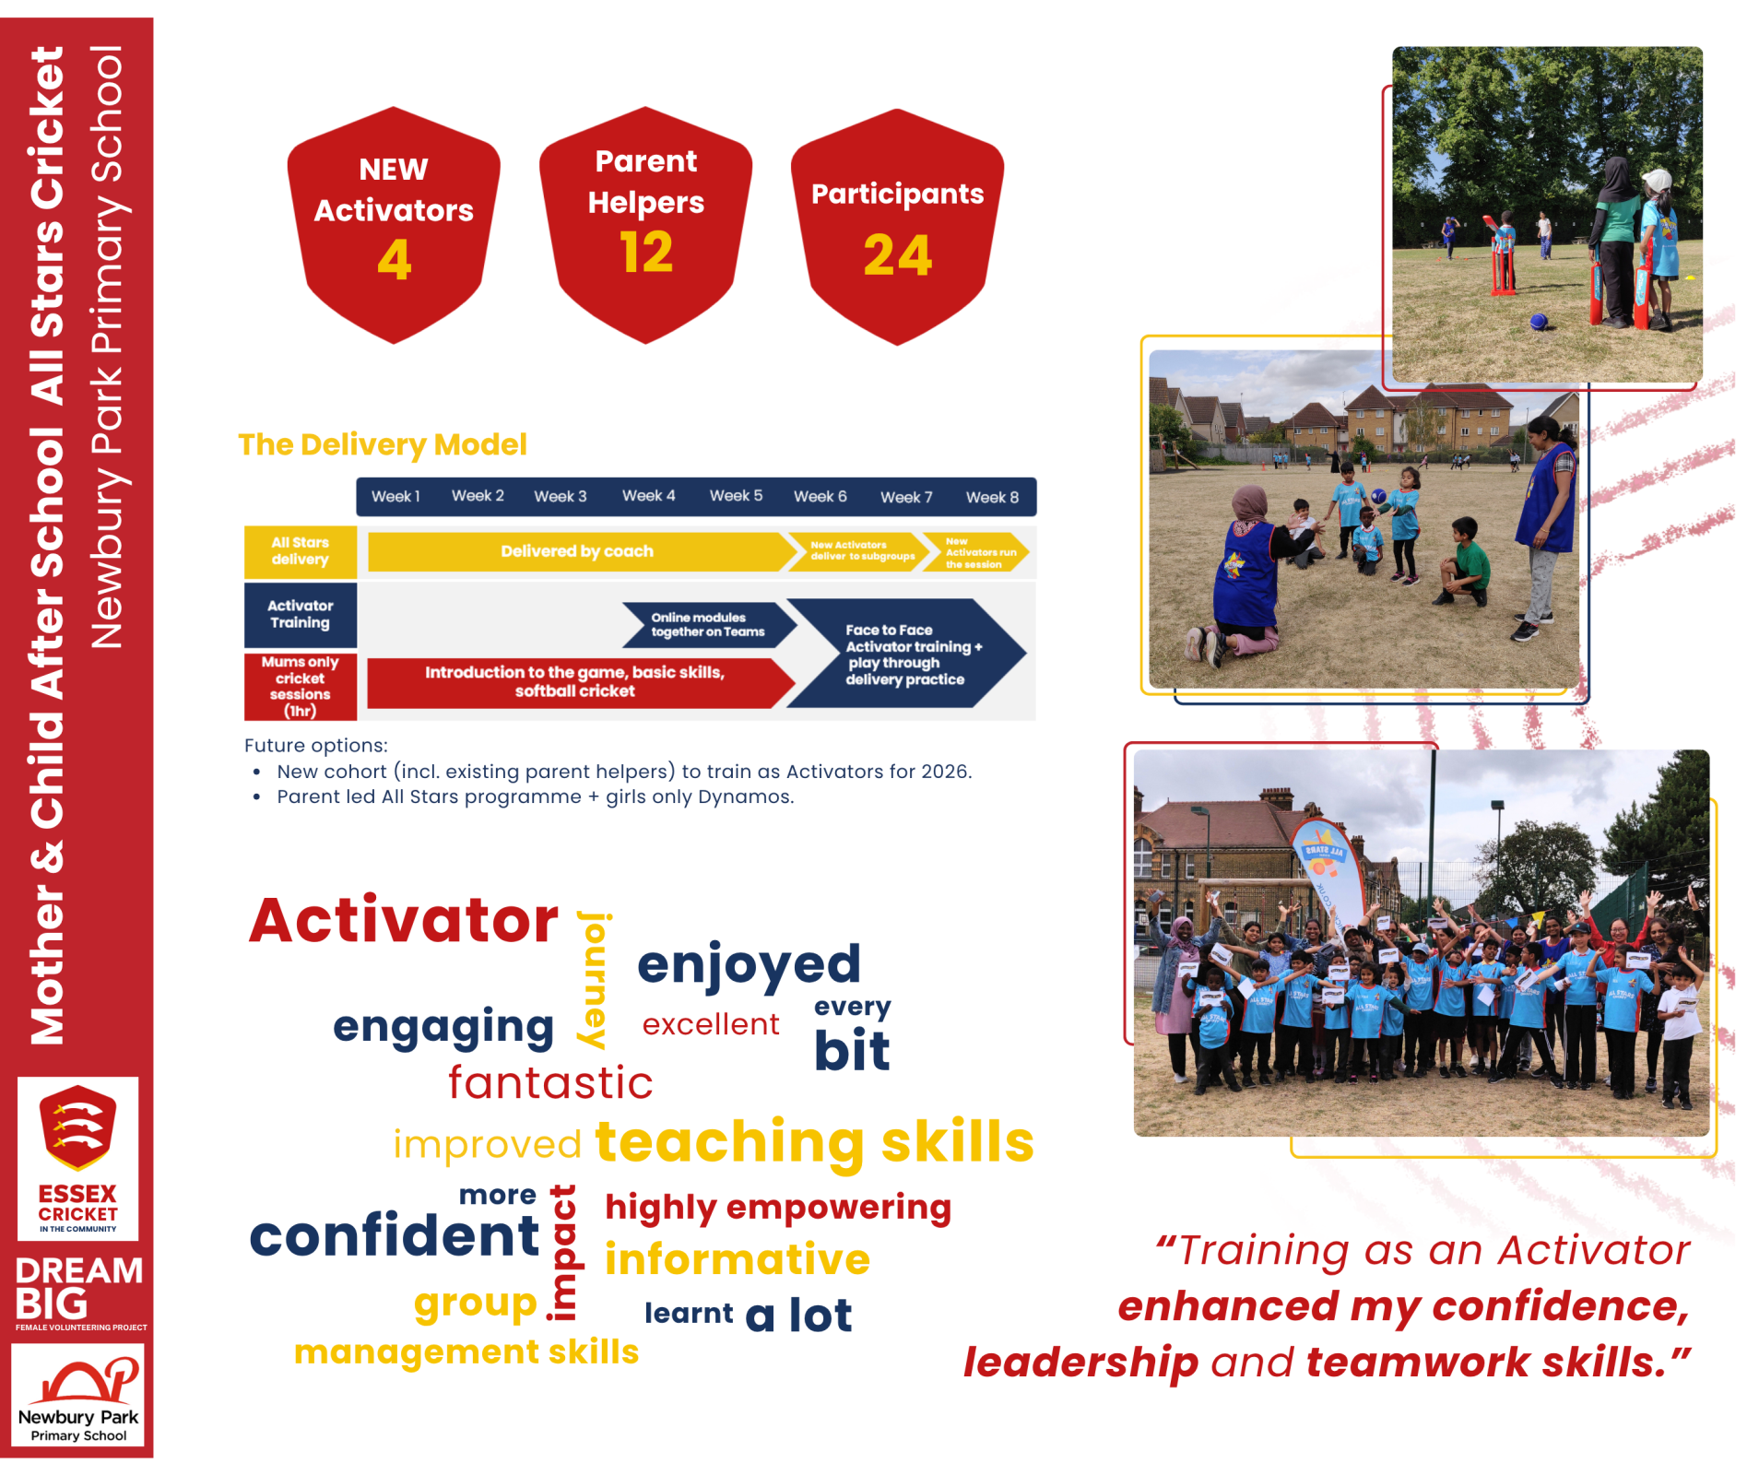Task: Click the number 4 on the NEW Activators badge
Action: pyautogui.click(x=395, y=259)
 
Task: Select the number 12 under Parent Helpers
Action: pyautogui.click(x=646, y=253)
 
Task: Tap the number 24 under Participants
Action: pyautogui.click(x=898, y=255)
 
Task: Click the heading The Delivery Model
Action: pyautogui.click(x=383, y=444)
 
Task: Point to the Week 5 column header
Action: pyautogui.click(x=736, y=496)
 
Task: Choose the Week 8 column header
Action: pyautogui.click(x=992, y=497)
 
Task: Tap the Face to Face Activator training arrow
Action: pyautogui.click(x=906, y=654)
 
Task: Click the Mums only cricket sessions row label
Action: pyautogui.click(x=301, y=687)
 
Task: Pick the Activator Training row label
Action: pyautogui.click(x=301, y=614)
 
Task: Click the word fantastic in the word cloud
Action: pyautogui.click(x=550, y=1082)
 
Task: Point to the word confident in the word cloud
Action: pyautogui.click(x=394, y=1235)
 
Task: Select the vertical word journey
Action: pyautogui.click(x=593, y=980)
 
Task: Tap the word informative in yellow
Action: pyautogui.click(x=738, y=1259)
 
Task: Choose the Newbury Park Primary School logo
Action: pyautogui.click(x=78, y=1395)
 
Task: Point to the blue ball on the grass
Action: pyautogui.click(x=1538, y=321)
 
